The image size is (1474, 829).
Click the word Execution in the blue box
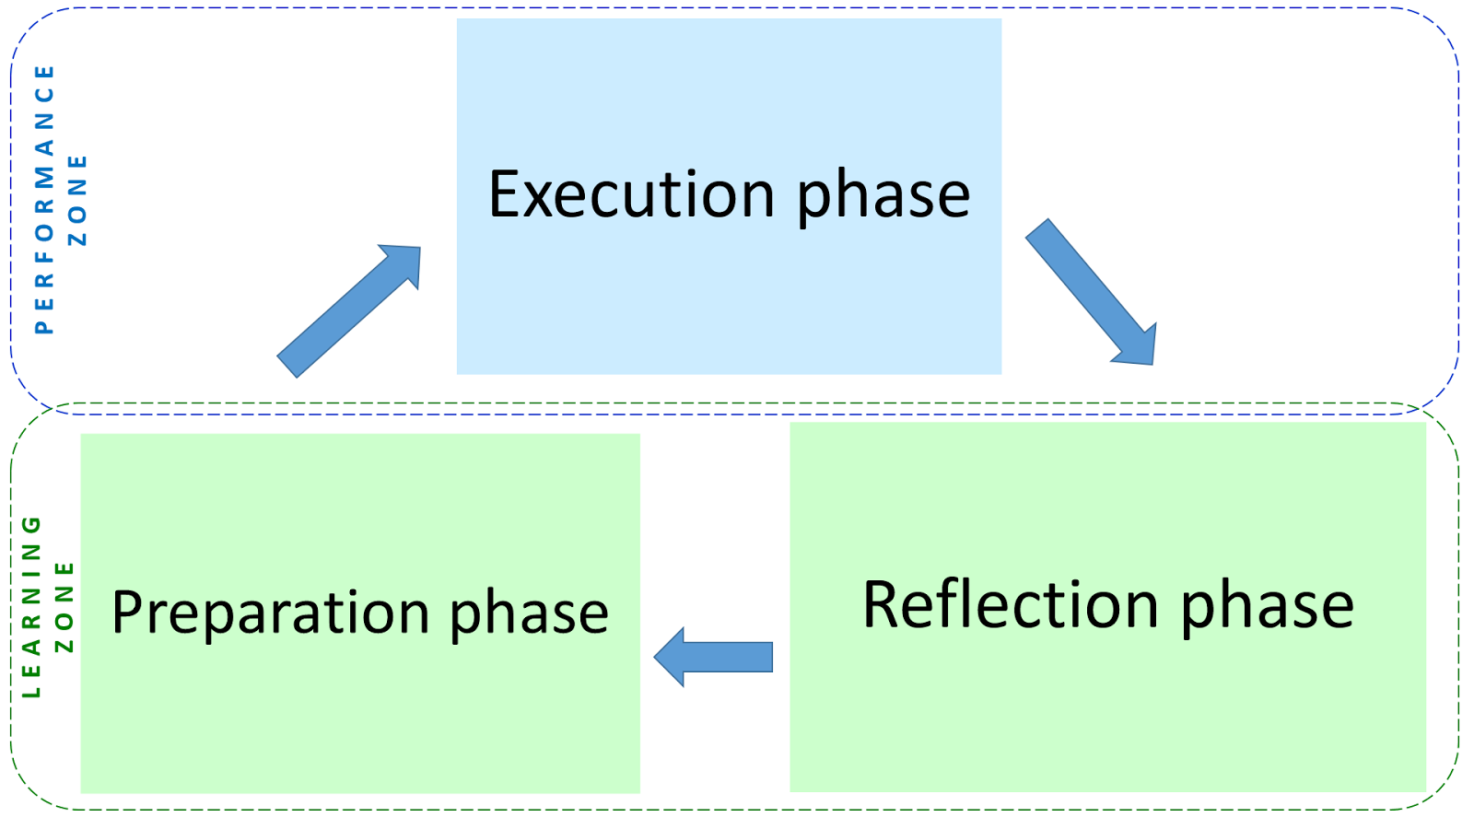[x=631, y=195]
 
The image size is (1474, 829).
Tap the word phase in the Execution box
[x=883, y=195]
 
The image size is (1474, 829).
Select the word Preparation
[x=271, y=613]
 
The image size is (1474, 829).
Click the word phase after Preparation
[x=529, y=613]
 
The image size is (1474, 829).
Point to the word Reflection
[x=1011, y=605]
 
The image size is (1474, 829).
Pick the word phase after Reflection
[x=1267, y=605]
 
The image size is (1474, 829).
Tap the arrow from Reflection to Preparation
[x=714, y=657]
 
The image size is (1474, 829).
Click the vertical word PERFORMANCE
[x=44, y=199]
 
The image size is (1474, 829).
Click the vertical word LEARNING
[x=31, y=606]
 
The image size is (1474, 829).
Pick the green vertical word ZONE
[x=64, y=606]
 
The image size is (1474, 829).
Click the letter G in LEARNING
[x=31, y=525]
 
